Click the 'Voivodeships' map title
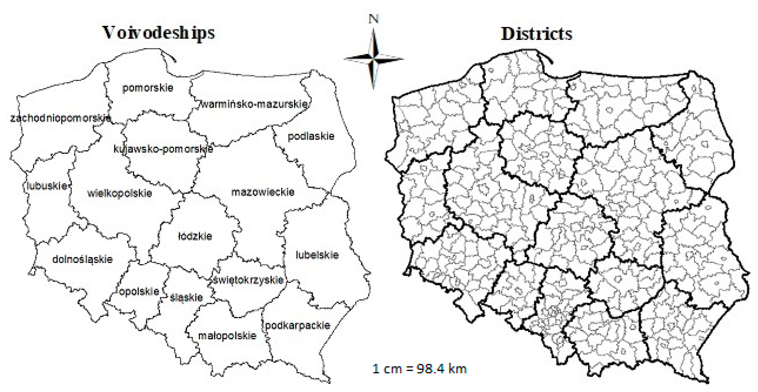click(x=159, y=33)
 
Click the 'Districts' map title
click(x=536, y=34)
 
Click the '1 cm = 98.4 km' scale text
click(x=419, y=369)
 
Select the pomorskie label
click(x=148, y=88)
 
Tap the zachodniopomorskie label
click(x=61, y=118)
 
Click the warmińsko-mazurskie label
click(x=254, y=104)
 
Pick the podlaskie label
click(x=311, y=136)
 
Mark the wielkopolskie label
click(x=120, y=193)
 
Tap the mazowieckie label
click(x=263, y=192)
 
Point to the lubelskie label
click(x=317, y=255)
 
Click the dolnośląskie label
click(x=82, y=259)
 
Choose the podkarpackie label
click(x=297, y=325)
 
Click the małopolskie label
click(x=227, y=335)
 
